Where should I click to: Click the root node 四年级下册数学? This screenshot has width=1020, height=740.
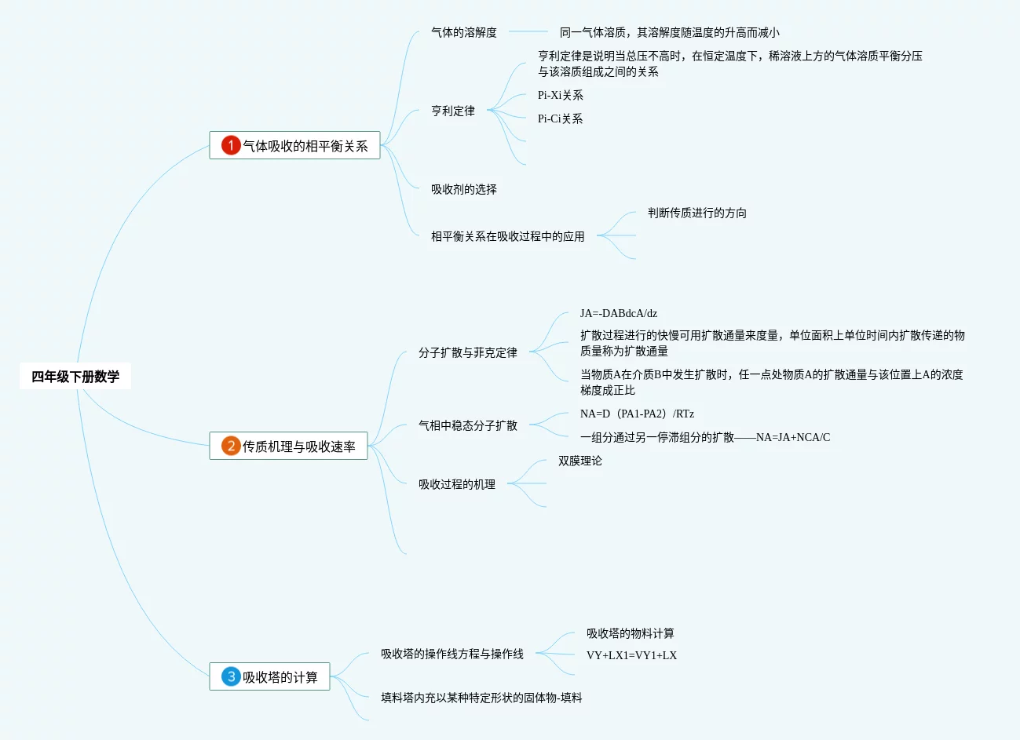coord(75,377)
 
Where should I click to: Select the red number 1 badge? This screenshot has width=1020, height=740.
coord(231,145)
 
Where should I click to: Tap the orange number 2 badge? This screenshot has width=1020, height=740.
coord(231,446)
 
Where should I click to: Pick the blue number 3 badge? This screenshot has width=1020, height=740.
coord(231,676)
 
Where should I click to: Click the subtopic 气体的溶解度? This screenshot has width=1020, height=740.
coord(463,32)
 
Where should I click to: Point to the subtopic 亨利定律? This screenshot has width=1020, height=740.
coord(452,111)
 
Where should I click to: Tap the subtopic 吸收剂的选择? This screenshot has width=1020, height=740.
coord(463,189)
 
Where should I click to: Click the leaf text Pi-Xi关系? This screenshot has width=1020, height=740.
coord(560,95)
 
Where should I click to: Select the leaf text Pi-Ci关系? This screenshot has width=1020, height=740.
coord(560,118)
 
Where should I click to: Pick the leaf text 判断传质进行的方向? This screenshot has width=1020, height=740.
coord(696,213)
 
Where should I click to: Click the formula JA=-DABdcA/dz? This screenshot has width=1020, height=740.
coord(618,313)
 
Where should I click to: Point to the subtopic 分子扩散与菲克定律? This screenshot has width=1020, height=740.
coord(467,352)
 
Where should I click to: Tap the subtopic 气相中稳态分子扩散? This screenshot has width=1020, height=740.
coord(467,425)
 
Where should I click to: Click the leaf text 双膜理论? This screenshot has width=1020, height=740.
coord(579,461)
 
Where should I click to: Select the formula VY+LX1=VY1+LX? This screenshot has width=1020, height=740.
coord(631,655)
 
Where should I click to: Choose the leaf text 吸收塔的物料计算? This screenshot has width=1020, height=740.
coord(630,633)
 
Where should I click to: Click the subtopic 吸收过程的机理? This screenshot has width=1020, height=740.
coord(456,484)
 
